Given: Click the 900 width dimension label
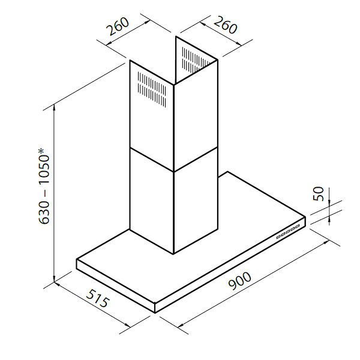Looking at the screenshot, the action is pyautogui.click(x=240, y=281).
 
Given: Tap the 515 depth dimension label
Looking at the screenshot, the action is pyautogui.click(x=97, y=298).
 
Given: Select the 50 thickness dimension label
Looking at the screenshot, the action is pyautogui.click(x=319, y=194).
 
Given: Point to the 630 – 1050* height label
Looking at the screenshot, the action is pyautogui.click(x=44, y=187).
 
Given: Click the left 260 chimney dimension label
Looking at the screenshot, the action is pyautogui.click(x=118, y=26).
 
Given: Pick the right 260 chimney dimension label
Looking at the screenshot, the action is pyautogui.click(x=225, y=25).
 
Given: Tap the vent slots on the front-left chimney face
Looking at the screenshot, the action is pyautogui.click(x=152, y=89).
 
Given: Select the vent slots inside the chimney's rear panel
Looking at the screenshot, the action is pyautogui.click(x=196, y=59).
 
